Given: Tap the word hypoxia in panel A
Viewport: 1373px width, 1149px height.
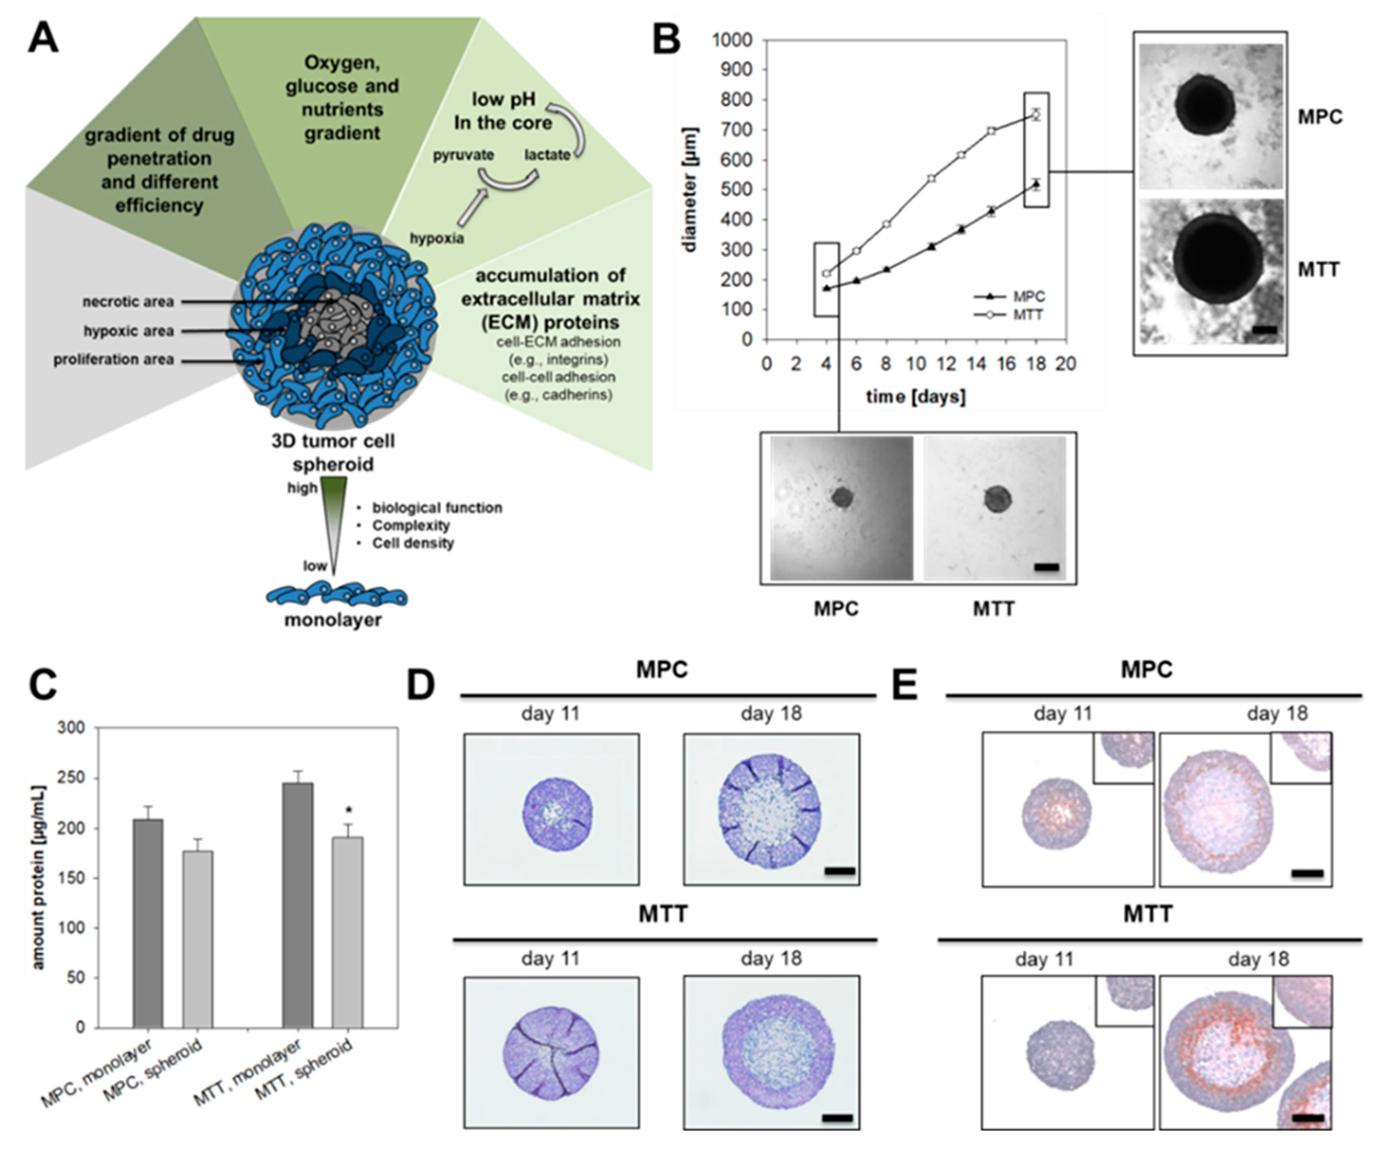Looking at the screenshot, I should pos(437,238).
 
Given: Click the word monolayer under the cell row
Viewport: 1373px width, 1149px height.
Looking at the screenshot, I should pos(333,620).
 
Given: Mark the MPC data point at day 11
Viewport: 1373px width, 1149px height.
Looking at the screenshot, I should pos(931,246).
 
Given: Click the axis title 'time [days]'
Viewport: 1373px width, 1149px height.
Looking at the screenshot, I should pos(915,396).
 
